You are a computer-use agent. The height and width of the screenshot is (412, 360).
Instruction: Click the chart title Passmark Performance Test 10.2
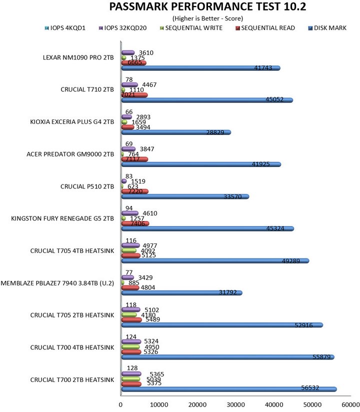pos(180,6)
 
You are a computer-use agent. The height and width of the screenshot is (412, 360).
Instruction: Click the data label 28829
pos(220,132)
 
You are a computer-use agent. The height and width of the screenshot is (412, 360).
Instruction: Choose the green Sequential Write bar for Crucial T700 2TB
pos(131,378)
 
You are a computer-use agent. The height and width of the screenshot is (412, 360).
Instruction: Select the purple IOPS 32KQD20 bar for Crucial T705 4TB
pos(131,245)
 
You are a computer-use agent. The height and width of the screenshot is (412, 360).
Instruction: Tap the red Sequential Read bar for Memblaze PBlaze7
pos(130,287)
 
